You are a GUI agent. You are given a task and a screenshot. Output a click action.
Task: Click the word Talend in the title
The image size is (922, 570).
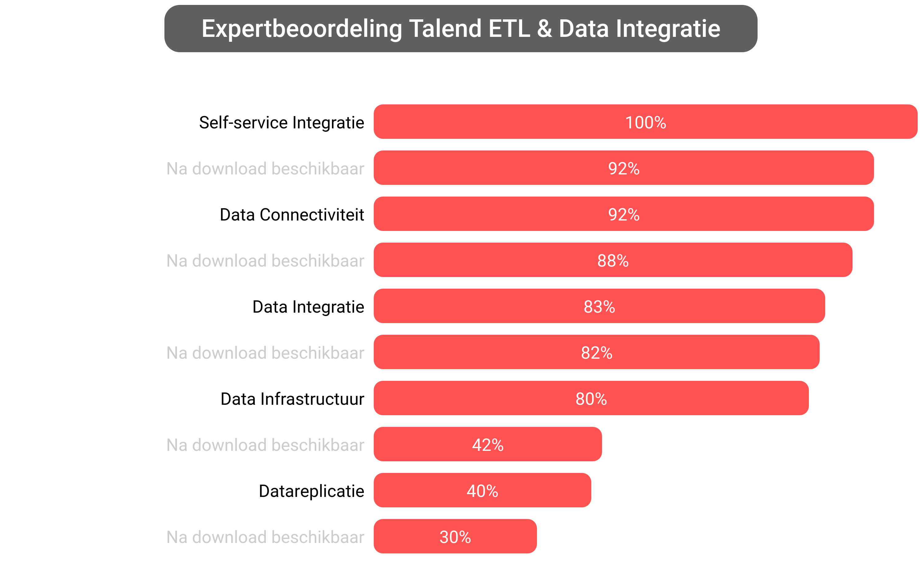point(445,29)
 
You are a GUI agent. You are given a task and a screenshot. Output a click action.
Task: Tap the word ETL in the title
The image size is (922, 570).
point(509,29)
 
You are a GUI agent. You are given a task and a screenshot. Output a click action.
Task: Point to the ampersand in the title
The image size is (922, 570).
point(544,29)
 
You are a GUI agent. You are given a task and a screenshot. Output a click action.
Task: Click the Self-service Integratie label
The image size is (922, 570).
point(282,123)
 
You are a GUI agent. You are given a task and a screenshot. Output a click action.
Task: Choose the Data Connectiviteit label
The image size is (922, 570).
point(292,214)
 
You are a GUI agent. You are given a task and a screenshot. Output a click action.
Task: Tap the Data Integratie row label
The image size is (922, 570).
point(308,306)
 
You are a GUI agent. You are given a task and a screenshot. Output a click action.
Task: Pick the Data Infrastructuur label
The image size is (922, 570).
point(292,399)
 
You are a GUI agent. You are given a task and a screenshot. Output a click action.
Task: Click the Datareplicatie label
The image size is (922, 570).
point(311,491)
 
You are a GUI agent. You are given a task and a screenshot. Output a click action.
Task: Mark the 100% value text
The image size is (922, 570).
point(645,123)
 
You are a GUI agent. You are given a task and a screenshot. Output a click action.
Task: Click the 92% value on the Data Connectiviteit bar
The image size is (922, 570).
point(624,214)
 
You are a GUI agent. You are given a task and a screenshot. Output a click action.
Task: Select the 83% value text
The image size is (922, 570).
point(599,306)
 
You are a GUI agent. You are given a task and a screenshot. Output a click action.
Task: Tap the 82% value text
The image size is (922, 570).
point(597,353)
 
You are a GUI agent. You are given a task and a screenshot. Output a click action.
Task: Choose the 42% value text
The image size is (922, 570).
point(488,445)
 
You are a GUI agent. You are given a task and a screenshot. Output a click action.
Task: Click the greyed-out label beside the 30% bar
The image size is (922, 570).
point(265,537)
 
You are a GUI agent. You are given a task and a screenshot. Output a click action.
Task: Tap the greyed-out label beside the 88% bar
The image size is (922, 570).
point(265,260)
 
